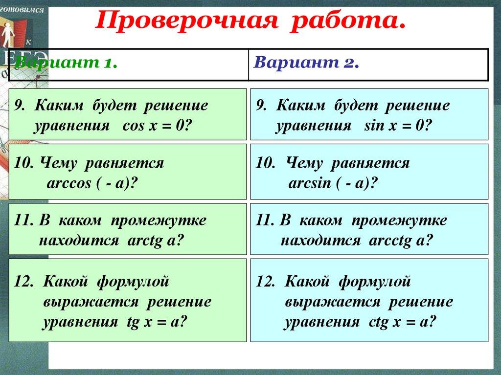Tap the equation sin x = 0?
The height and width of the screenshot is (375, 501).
[398, 125]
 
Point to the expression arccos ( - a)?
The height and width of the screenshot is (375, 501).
[91, 183]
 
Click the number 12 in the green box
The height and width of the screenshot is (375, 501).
[23, 282]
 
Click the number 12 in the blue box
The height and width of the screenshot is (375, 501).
[265, 282]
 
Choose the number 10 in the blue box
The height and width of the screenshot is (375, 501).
[264, 163]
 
